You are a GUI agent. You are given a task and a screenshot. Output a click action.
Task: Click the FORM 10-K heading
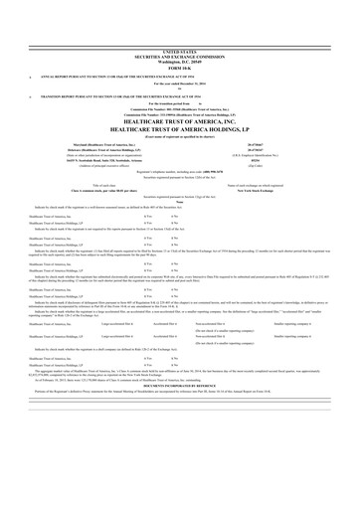click(x=180, y=66)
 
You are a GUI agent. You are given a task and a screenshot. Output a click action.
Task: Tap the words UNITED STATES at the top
click(x=180, y=49)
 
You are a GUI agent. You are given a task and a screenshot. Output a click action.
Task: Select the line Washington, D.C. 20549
click(x=180, y=60)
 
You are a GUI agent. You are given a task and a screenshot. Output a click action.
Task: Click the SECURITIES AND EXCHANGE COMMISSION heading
click(x=180, y=54)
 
